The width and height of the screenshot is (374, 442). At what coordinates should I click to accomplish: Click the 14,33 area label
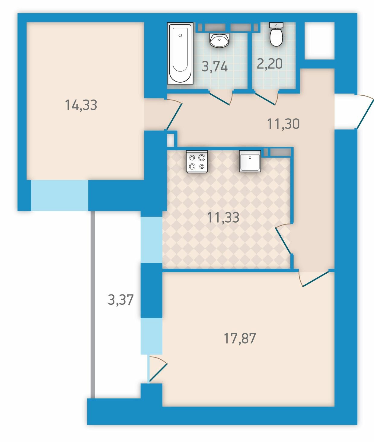pyautogui.click(x=81, y=105)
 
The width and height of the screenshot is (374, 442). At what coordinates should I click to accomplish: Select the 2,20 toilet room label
pyautogui.click(x=270, y=64)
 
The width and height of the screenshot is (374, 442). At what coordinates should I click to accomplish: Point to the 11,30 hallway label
pyautogui.click(x=283, y=124)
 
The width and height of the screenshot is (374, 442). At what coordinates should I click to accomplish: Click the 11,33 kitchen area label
pyautogui.click(x=223, y=218)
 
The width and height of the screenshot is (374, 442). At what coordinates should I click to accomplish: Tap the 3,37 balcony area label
pyautogui.click(x=121, y=299)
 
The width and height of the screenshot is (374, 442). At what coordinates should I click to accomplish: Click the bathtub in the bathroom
pyautogui.click(x=180, y=53)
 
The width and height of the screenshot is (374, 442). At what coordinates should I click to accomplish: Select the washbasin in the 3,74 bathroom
pyautogui.click(x=219, y=40)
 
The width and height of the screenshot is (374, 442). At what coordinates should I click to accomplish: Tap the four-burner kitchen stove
pyautogui.click(x=197, y=161)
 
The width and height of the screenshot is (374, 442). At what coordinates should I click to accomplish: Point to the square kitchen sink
pyautogui.click(x=250, y=161)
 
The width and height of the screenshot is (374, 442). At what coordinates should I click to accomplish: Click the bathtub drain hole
pyautogui.click(x=180, y=35)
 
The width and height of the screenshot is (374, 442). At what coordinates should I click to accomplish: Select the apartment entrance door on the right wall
pyautogui.click(x=364, y=112)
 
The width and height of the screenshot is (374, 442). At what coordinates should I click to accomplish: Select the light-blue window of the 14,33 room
pyautogui.click(x=59, y=195)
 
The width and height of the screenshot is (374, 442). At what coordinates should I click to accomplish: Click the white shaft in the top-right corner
pyautogui.click(x=319, y=41)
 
